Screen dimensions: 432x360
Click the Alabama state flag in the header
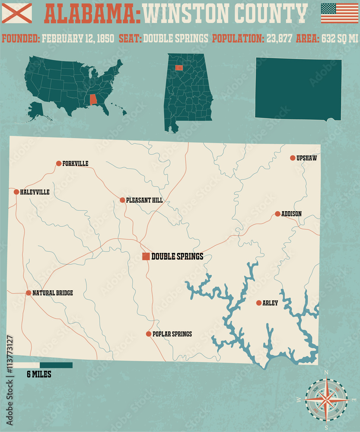(17, 13)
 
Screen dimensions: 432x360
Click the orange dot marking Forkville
(59, 163)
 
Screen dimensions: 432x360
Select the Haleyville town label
(35, 192)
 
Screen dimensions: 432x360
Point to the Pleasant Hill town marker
(122, 200)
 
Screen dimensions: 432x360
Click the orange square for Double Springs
(146, 257)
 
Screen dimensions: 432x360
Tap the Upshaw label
(306, 158)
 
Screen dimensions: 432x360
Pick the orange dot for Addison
(277, 214)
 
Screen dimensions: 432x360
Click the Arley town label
(270, 303)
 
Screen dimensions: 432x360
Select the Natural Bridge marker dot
(29, 293)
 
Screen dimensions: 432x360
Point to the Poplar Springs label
(172, 334)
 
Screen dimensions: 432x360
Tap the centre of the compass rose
(327, 400)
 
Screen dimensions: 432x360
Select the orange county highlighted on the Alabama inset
(179, 68)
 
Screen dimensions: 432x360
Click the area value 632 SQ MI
(339, 38)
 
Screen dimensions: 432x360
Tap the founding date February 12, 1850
(78, 38)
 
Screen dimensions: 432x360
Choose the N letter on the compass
(326, 372)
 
